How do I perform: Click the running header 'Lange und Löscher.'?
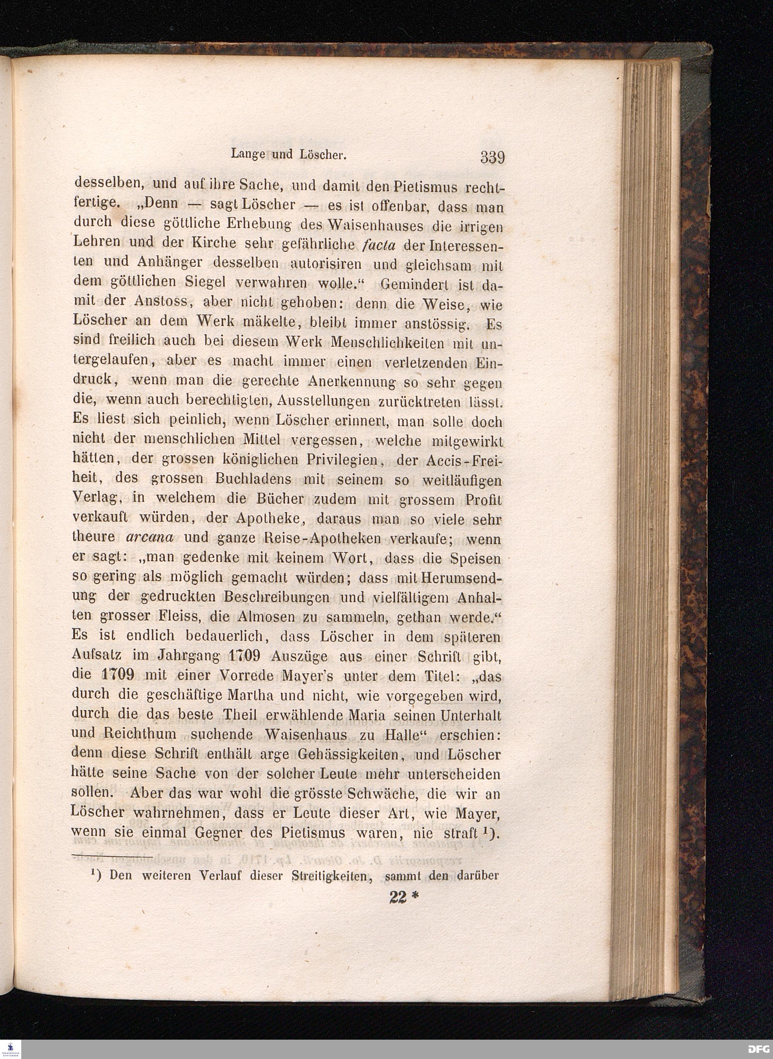point(288,154)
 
